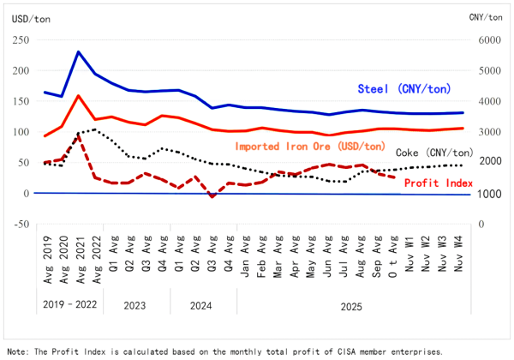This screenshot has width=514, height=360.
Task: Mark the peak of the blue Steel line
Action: click(x=79, y=51)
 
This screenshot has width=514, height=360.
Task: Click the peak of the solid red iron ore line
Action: click(x=79, y=96)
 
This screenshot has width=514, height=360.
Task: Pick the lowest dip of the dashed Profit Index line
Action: click(x=212, y=196)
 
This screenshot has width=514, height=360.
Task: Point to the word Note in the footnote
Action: click(x=17, y=351)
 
